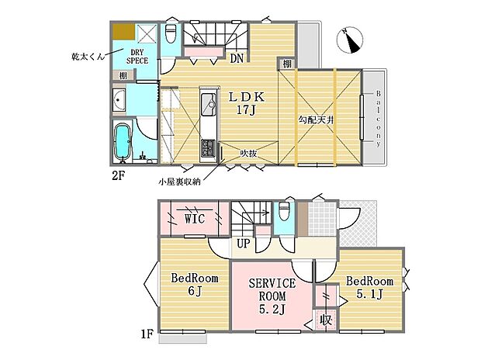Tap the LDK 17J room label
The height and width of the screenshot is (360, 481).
click(246, 103)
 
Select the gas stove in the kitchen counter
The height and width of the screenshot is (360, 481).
click(208, 147)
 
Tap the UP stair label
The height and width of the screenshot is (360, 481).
click(242, 244)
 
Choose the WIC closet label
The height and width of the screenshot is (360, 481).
click(194, 220)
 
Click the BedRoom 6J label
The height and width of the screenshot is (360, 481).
click(194, 285)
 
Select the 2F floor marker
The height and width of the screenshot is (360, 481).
click(118, 176)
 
